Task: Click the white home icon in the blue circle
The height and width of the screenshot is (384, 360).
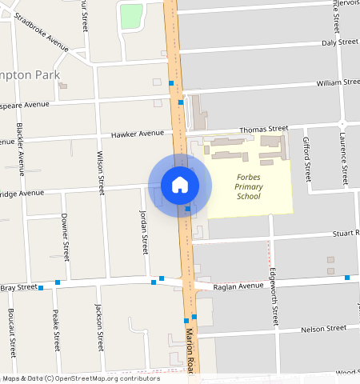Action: [180, 185]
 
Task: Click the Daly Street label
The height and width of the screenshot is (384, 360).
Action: [339, 42]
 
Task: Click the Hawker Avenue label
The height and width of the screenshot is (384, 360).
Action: [137, 134]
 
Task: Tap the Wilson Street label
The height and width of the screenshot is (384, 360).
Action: [101, 173]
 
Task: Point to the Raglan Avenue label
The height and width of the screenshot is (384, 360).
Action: [237, 286]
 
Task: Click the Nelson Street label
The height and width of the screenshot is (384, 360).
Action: [323, 329]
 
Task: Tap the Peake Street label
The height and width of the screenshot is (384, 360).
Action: [56, 330]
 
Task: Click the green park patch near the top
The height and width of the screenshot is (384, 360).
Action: [130, 16]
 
